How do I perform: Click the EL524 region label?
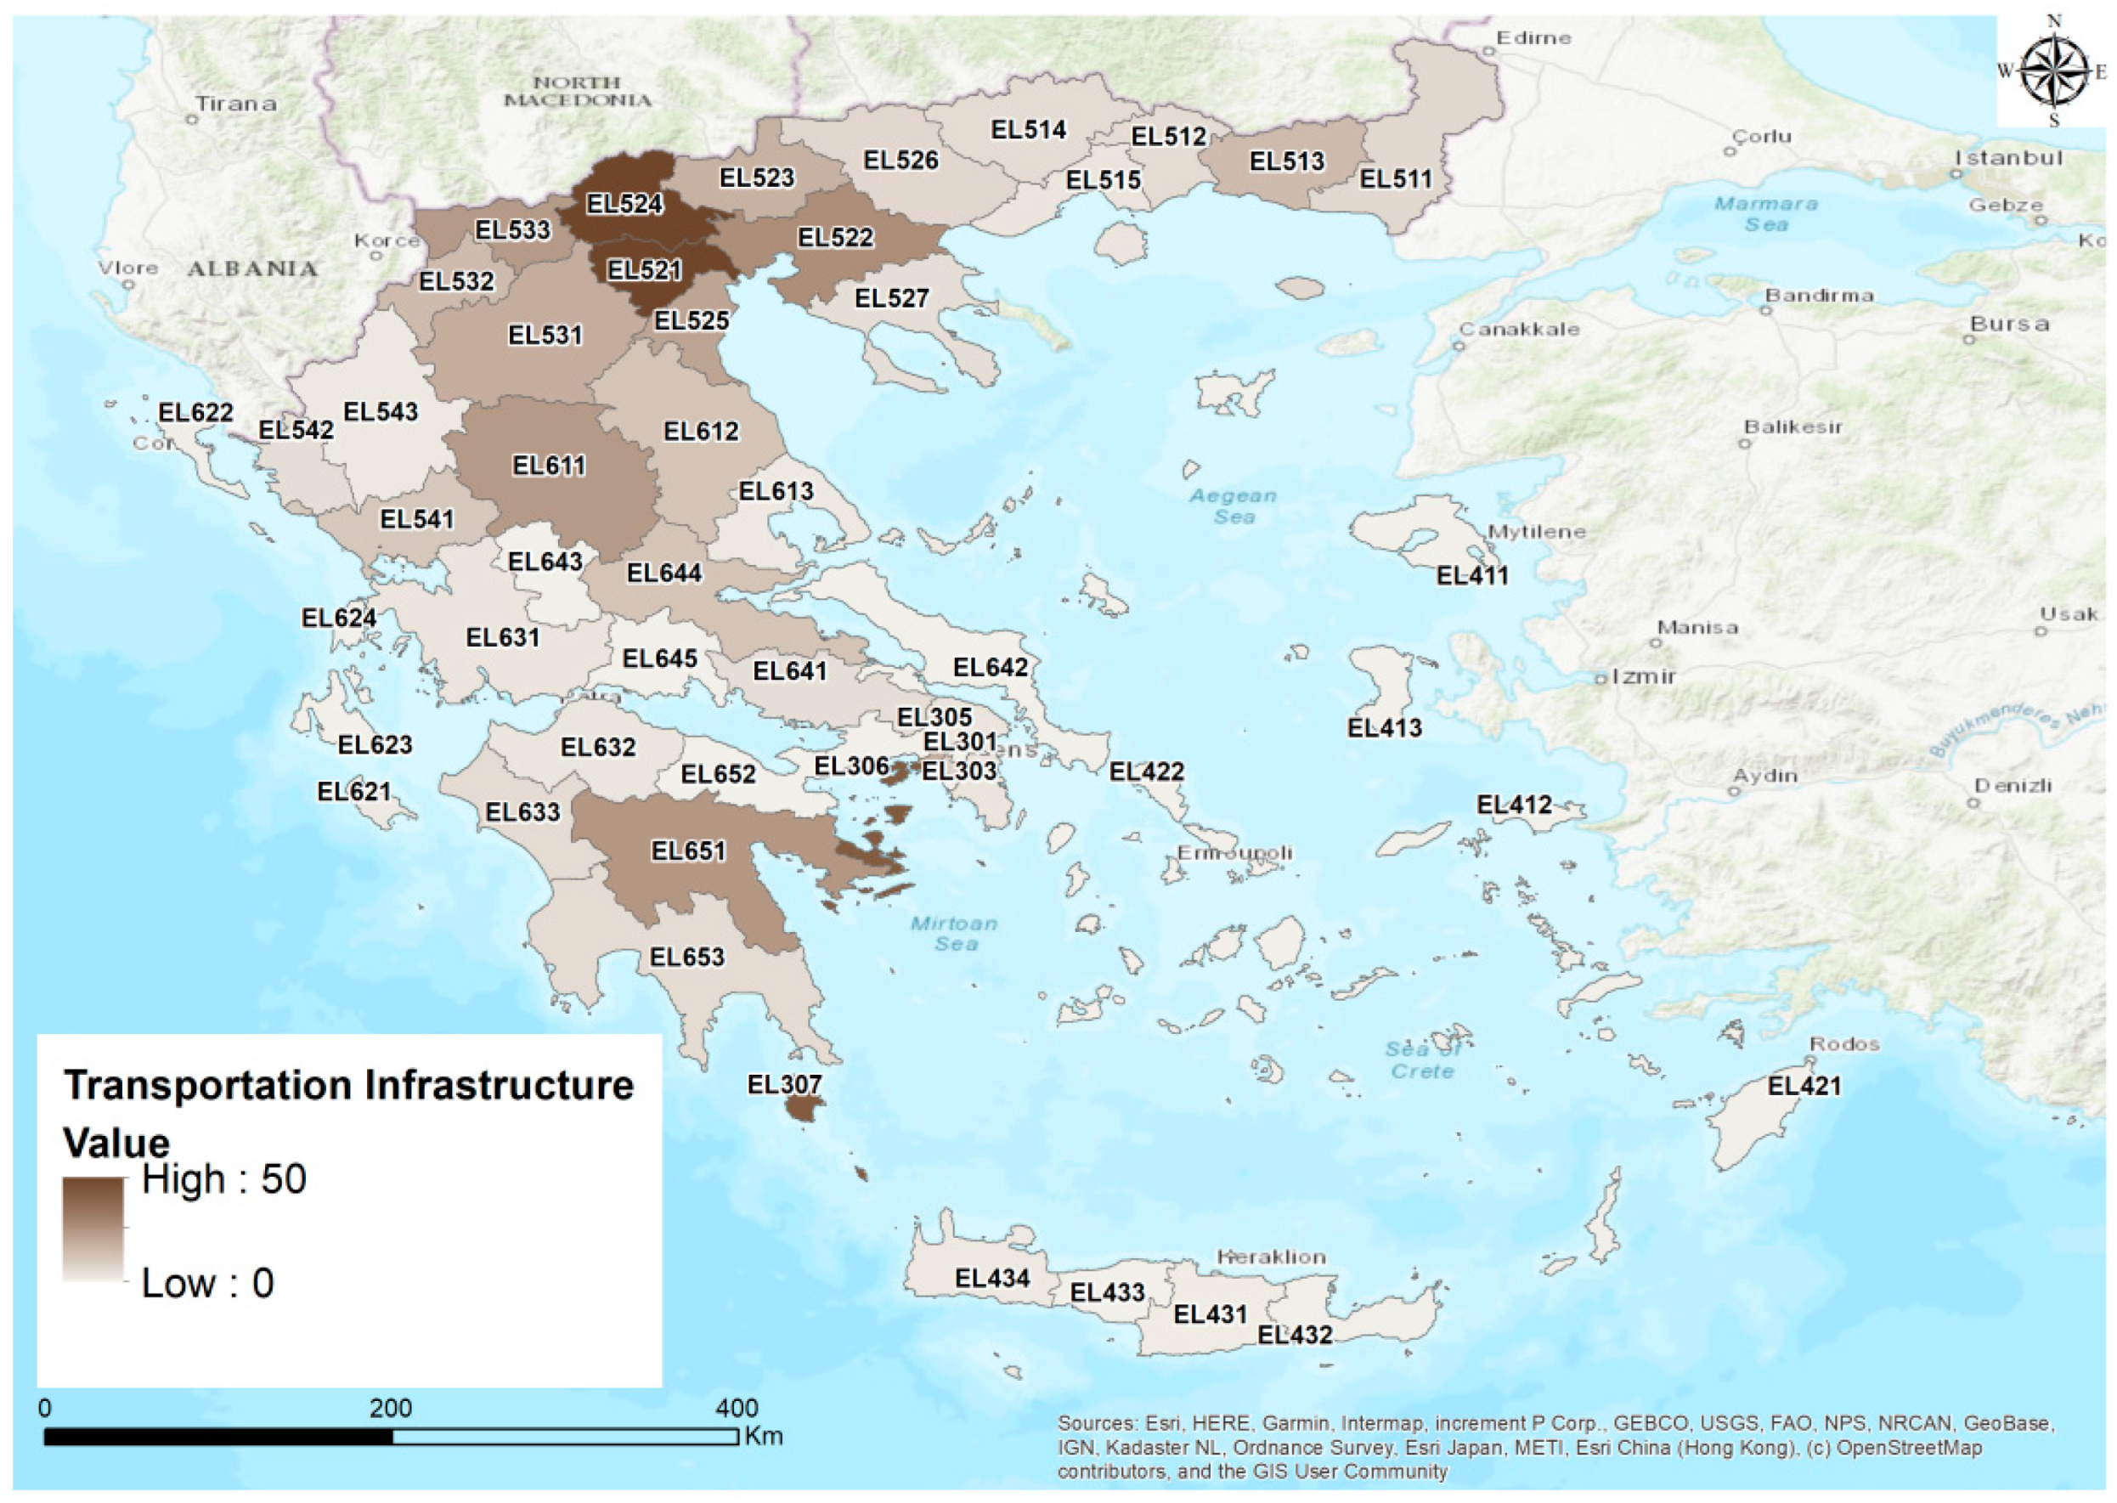pyautogui.click(x=624, y=204)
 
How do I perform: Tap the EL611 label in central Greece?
pyautogui.click(x=550, y=466)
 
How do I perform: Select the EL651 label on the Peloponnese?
pyautogui.click(x=688, y=851)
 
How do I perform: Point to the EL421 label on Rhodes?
pyautogui.click(x=1804, y=1086)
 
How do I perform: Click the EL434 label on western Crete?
pyautogui.click(x=992, y=1278)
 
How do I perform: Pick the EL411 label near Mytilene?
pyautogui.click(x=1471, y=576)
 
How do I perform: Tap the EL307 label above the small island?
pyautogui.click(x=784, y=1085)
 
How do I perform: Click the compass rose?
pyautogui.click(x=2053, y=71)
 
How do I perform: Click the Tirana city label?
pyautogui.click(x=235, y=105)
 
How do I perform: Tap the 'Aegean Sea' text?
pyautogui.click(x=1233, y=506)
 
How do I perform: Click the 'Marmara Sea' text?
pyautogui.click(x=1765, y=214)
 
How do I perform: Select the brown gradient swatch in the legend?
pyautogui.click(x=93, y=1228)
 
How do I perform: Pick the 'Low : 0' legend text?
pyautogui.click(x=207, y=1284)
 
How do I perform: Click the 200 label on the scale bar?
pyautogui.click(x=391, y=1409)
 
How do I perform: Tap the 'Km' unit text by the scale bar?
pyautogui.click(x=764, y=1437)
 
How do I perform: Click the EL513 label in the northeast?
pyautogui.click(x=1286, y=162)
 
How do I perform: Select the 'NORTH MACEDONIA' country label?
pyautogui.click(x=578, y=91)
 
